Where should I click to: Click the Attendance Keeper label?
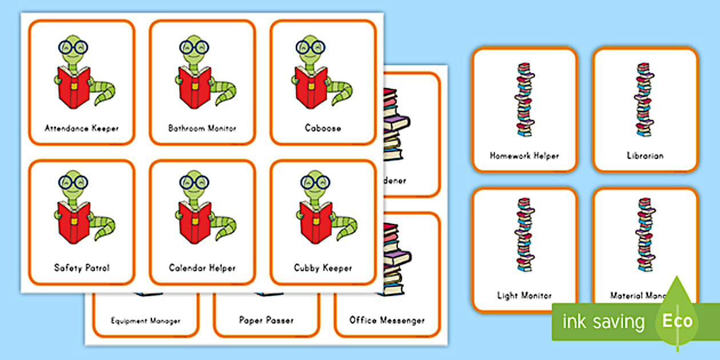(82, 128)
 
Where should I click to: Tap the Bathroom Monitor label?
(202, 128)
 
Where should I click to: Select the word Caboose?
(323, 128)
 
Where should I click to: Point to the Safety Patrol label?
(82, 267)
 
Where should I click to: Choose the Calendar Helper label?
(202, 267)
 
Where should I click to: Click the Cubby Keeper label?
(323, 267)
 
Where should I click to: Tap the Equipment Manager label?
(145, 321)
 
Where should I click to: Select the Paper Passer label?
(267, 320)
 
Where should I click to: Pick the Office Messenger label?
(387, 320)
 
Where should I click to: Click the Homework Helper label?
(524, 155)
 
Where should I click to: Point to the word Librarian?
(645, 155)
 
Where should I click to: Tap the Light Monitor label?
(524, 295)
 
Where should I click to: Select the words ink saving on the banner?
(603, 321)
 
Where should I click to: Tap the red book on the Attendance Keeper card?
(73, 86)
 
